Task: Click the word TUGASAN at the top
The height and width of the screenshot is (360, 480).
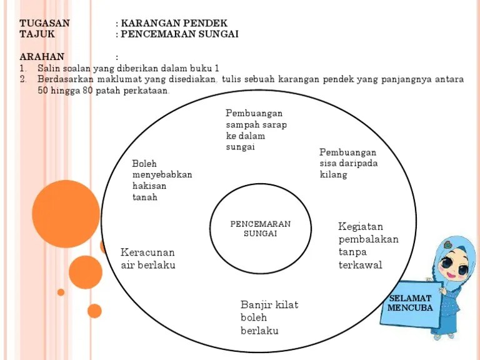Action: [x=44, y=23]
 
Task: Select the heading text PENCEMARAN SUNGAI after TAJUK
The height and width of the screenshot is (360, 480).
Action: [x=179, y=34]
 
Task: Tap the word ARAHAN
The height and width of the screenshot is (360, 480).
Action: [x=42, y=56]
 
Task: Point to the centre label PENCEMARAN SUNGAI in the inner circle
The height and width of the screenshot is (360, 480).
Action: [x=261, y=229]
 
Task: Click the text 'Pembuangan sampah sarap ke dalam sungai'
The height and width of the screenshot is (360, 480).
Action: [x=256, y=130]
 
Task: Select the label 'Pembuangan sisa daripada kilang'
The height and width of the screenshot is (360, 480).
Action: [x=348, y=163]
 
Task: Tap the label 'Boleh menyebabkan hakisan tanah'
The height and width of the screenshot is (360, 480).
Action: [x=162, y=180]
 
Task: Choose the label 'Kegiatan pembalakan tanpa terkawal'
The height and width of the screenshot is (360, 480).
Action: [x=368, y=246]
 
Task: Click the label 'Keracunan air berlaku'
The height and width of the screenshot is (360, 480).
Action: [x=147, y=259]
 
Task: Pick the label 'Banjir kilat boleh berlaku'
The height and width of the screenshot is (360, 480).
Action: [x=269, y=317]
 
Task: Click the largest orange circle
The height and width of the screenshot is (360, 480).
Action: [x=66, y=214]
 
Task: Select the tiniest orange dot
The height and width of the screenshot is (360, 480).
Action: [x=61, y=292]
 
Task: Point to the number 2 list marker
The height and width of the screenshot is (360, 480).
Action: [x=22, y=79]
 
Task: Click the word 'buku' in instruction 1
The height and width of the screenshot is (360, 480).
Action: [x=198, y=68]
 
